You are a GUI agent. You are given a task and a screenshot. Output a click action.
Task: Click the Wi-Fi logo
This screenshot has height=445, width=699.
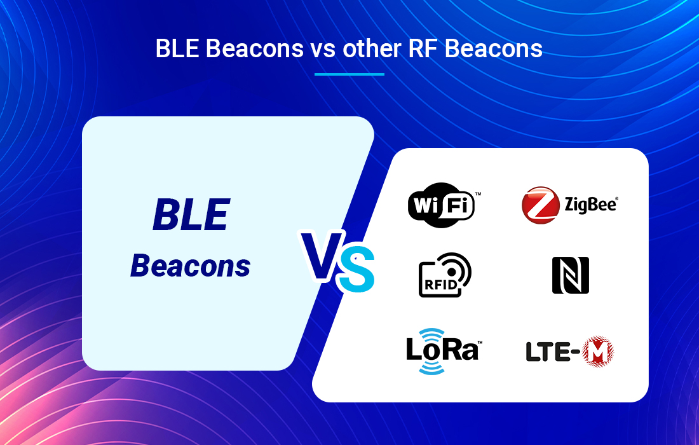(x=441, y=205)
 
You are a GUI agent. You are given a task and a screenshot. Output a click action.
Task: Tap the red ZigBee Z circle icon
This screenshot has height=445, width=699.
(x=540, y=205)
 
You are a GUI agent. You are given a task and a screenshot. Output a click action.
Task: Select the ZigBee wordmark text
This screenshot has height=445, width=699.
(x=591, y=205)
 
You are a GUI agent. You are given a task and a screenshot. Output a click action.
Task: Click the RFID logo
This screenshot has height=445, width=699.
(x=445, y=275)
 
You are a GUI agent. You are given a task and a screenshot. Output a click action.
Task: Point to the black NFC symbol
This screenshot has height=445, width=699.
(x=571, y=275)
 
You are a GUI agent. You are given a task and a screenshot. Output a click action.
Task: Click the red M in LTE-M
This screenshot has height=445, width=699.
(x=598, y=352)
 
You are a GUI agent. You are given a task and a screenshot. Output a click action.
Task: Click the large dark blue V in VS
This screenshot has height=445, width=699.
(x=322, y=255)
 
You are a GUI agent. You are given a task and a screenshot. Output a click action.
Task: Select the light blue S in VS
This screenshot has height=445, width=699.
(x=356, y=269)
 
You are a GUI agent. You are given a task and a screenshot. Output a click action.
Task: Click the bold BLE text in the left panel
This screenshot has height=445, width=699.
(x=191, y=215)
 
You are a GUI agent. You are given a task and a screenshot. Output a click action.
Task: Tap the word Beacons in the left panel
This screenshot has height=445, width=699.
(x=191, y=266)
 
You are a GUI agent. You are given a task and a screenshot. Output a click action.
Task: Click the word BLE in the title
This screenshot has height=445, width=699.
(x=177, y=48)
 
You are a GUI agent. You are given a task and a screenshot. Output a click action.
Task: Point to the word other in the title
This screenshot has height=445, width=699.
(x=372, y=48)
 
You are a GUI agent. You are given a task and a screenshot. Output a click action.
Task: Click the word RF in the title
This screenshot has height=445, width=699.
(x=423, y=48)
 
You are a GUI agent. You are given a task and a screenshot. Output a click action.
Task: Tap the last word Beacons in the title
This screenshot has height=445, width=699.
(x=494, y=48)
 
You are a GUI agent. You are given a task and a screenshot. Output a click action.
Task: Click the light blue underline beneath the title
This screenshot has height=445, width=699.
(x=349, y=74)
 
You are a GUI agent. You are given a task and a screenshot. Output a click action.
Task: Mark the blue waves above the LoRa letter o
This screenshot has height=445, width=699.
(x=431, y=334)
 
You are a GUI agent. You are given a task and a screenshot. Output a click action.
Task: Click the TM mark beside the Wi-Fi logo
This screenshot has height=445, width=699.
(x=478, y=194)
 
